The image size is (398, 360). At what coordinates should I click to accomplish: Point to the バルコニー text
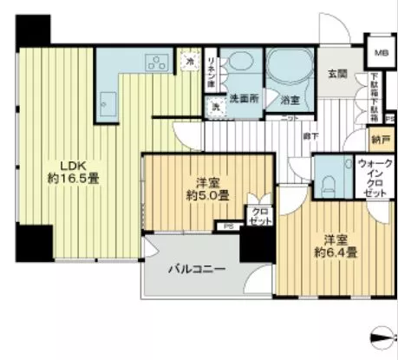click(x=197, y=270)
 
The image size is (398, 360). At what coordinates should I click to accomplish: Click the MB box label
click(x=381, y=53)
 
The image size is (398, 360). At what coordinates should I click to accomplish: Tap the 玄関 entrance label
click(x=339, y=75)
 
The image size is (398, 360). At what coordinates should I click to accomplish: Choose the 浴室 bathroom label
click(x=290, y=101)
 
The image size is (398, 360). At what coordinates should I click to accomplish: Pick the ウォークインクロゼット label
click(x=374, y=178)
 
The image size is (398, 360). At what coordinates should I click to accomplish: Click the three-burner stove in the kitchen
click(x=160, y=62)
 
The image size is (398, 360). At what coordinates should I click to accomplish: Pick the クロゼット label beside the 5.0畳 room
click(x=258, y=216)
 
